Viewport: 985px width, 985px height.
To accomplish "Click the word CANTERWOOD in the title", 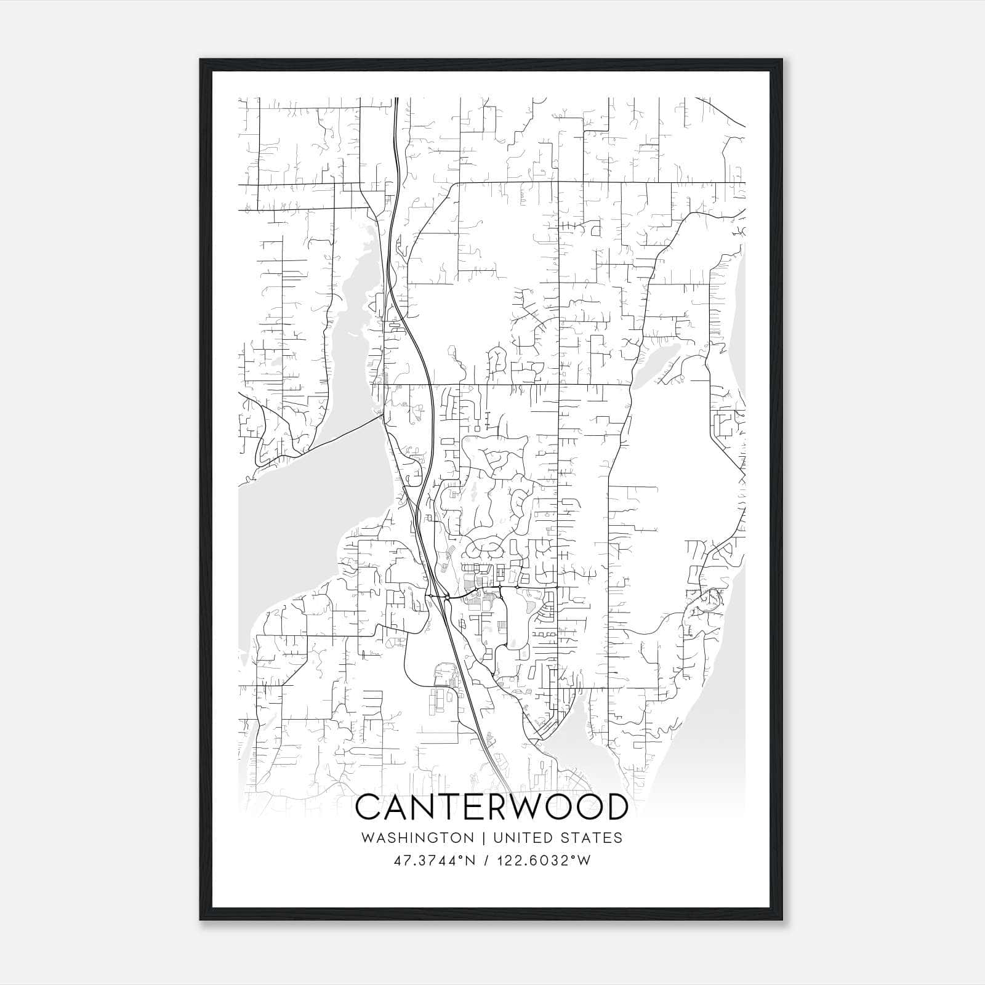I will click(x=492, y=807).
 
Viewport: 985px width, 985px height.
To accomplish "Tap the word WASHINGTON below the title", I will click(x=417, y=838).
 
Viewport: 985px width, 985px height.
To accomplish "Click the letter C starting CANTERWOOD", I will click(x=370, y=807).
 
